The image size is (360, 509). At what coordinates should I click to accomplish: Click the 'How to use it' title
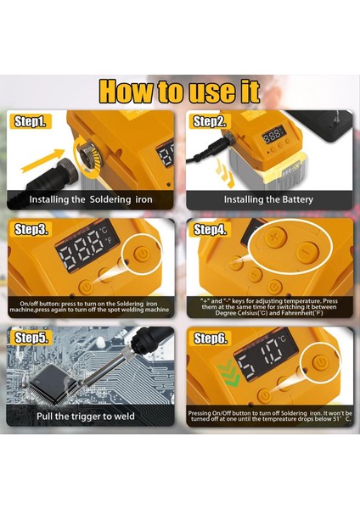(180, 91)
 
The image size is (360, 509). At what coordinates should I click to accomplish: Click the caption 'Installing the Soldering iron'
(92, 199)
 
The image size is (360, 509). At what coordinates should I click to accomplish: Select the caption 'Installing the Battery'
(268, 199)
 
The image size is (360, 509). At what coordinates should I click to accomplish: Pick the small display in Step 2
(273, 136)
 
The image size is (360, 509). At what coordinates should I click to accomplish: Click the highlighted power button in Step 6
(319, 362)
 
